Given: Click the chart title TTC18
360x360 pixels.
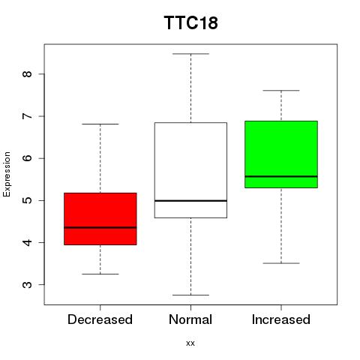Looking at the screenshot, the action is point(191,22).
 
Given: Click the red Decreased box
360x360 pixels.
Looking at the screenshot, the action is point(100,219).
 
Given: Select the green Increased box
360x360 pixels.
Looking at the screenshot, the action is point(281,154).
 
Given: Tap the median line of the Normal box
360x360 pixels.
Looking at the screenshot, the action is point(190,201).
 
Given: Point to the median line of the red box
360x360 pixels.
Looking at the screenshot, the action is point(100,227).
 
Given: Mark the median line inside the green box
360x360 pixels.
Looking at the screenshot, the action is point(281,176).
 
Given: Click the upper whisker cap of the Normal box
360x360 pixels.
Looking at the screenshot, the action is point(190,54).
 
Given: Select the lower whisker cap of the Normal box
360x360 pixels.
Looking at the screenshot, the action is point(190,295).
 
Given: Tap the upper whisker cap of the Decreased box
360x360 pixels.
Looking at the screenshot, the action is point(100,124).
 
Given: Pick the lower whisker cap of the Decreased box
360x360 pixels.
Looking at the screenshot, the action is point(100,274).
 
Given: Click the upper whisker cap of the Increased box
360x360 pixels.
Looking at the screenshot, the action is point(281,91).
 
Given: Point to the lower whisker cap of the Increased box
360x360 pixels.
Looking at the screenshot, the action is point(281,263).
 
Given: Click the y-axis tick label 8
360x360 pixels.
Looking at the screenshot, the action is point(28,74).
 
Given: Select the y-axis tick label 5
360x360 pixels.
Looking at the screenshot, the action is point(28,200).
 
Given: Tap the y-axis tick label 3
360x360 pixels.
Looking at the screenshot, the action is point(28,285).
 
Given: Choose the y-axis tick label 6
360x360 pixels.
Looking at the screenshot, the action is point(28,158).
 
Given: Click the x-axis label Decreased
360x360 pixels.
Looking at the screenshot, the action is point(100,319).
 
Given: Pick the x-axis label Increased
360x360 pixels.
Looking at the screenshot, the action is point(281,319).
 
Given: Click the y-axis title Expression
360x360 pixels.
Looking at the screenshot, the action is point(7,174).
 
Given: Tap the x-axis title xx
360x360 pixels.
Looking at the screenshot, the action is point(190,343).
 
